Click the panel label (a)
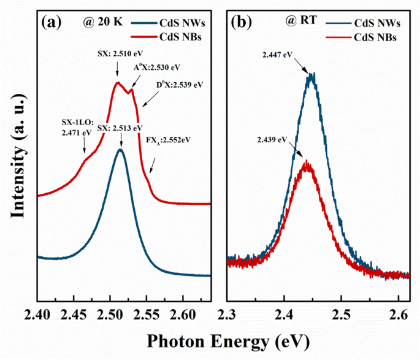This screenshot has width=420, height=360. coord(51,23)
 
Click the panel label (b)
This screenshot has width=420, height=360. coord(239,23)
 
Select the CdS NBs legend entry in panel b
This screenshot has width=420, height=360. coord(375,37)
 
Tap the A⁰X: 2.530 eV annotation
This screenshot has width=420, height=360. coord(158,67)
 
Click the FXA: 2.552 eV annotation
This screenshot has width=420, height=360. coord(169,140)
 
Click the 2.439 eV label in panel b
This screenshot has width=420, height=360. coord(273,140)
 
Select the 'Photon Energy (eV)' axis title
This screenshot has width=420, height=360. coord(223,340)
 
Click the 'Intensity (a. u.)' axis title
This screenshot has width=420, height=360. coord(17,161)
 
